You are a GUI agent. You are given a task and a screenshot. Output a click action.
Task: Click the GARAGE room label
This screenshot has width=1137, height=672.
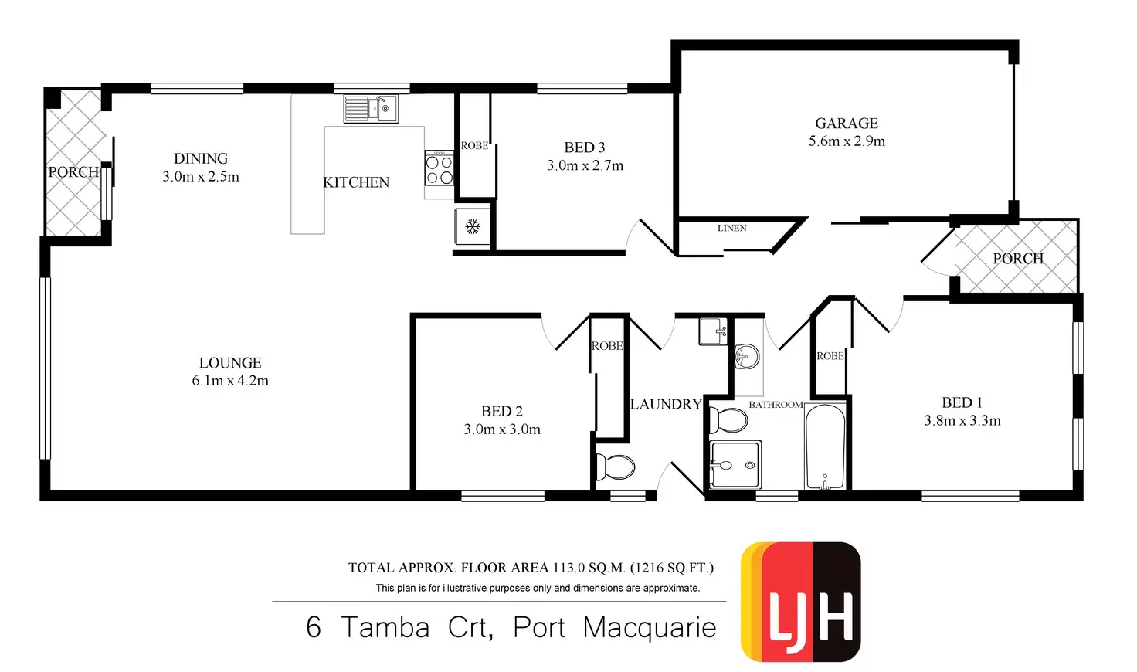click(x=847, y=124)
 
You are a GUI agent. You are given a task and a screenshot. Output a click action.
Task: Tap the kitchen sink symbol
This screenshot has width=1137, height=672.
click(x=371, y=109)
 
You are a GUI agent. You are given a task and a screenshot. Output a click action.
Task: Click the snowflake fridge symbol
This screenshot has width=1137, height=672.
click(x=472, y=227)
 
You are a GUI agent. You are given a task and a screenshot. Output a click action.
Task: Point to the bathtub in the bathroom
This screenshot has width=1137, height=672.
click(x=825, y=447)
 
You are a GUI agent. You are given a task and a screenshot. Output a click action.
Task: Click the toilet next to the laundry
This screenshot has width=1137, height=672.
click(x=615, y=467)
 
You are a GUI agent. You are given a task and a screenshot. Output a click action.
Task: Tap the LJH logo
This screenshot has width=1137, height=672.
click(x=801, y=602)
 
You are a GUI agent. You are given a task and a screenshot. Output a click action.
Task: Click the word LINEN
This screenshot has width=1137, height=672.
click(x=731, y=229)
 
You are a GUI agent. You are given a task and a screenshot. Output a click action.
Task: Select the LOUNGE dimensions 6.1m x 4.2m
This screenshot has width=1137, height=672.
click(x=230, y=381)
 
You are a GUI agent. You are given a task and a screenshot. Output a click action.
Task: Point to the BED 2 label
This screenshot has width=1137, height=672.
click(x=502, y=412)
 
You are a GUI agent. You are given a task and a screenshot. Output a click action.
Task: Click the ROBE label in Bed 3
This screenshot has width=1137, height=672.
click(x=474, y=146)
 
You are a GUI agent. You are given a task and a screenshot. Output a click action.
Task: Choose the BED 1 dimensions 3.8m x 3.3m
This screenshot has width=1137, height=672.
click(x=962, y=421)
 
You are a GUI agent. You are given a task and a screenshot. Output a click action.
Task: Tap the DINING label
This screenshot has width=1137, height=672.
click(x=201, y=159)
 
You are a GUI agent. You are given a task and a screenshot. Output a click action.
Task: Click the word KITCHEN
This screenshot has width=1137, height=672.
click(x=356, y=183)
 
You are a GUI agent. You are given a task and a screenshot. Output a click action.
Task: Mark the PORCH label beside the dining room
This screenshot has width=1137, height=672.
click(x=73, y=172)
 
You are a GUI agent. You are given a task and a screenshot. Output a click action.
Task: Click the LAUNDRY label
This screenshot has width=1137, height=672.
click(x=666, y=405)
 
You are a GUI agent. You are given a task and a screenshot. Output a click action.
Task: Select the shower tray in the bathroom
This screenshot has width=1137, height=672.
click(x=735, y=464)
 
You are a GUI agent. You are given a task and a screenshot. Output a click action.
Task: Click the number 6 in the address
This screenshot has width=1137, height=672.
click(x=313, y=627)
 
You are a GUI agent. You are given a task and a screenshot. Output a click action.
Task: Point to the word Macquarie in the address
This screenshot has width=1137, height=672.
click(x=650, y=627)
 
